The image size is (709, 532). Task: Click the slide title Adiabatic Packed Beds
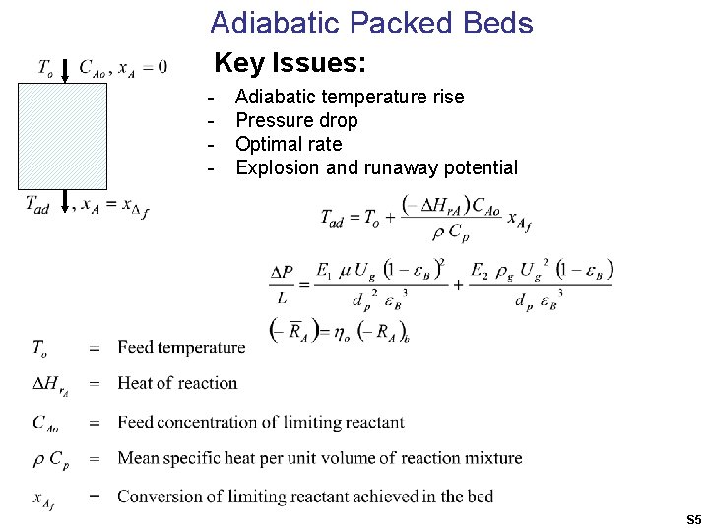(x=371, y=23)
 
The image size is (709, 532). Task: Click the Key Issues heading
(x=290, y=64)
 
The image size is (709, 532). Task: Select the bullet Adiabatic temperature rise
(x=350, y=97)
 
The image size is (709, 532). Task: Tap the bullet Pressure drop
(x=296, y=120)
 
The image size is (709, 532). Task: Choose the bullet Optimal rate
(x=289, y=144)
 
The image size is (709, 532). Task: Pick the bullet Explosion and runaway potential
(x=376, y=167)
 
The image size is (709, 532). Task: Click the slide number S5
(x=693, y=519)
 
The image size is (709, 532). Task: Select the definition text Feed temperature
(x=181, y=347)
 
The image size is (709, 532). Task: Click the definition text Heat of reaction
(x=177, y=383)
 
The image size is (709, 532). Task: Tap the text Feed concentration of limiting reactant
(x=260, y=422)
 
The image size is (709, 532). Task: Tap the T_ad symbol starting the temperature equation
(x=333, y=219)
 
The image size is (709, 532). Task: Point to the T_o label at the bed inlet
(x=45, y=68)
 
